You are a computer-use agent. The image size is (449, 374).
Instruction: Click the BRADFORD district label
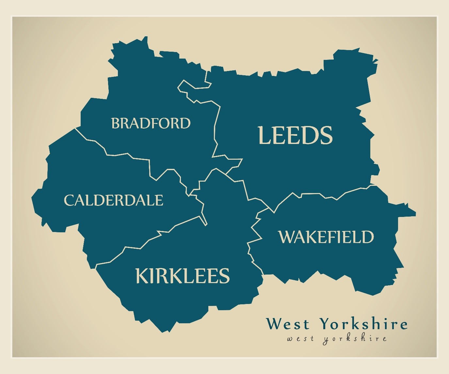(151, 123)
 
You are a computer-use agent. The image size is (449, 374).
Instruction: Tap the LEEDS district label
(295, 135)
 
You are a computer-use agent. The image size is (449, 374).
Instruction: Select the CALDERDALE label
(113, 200)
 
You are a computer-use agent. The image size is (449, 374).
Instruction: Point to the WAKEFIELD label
(326, 237)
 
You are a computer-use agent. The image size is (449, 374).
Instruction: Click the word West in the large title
(287, 324)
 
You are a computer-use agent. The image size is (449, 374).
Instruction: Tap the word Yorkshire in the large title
(363, 324)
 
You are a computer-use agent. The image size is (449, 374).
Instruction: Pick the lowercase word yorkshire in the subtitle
(355, 339)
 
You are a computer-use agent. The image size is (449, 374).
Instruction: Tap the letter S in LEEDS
(326, 135)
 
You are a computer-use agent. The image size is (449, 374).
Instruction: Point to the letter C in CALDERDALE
(69, 200)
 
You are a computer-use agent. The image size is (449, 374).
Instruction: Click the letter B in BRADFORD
(116, 123)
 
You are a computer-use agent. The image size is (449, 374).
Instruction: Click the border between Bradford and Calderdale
(131, 156)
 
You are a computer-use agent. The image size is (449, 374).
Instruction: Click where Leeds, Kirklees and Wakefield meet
(270, 209)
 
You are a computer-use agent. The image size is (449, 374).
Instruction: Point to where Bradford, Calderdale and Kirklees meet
(189, 195)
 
